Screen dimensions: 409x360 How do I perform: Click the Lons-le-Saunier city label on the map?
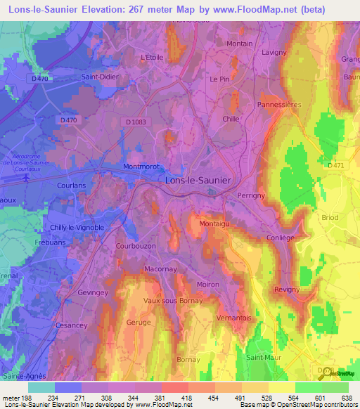click(197, 180)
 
